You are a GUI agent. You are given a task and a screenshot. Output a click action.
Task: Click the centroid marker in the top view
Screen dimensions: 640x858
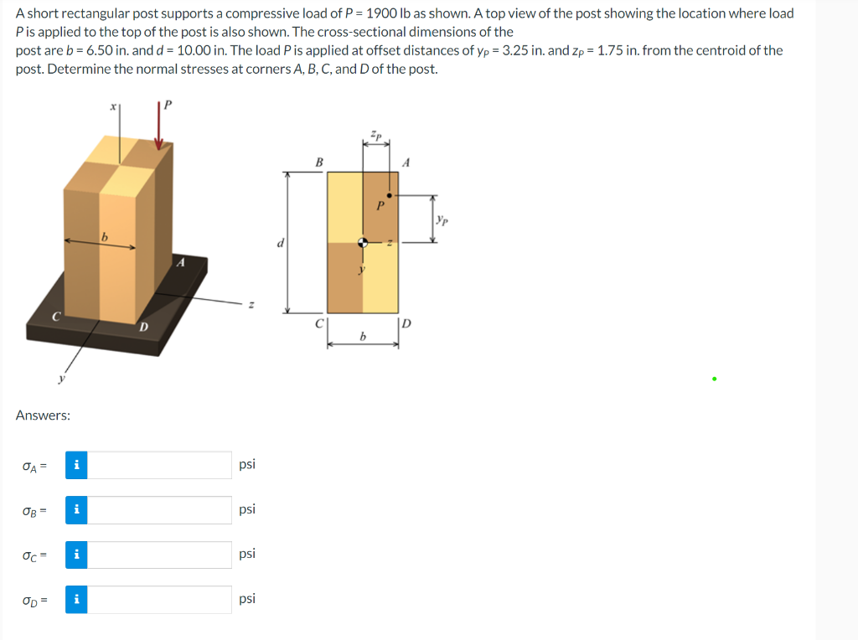pos(363,242)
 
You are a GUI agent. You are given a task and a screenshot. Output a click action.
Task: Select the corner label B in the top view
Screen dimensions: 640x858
pos(318,163)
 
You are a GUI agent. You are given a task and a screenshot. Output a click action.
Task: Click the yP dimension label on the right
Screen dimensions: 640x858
pos(442,219)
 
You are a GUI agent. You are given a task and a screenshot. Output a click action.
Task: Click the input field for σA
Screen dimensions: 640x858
pos(160,465)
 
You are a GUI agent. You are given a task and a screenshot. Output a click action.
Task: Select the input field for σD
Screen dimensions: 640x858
pos(160,599)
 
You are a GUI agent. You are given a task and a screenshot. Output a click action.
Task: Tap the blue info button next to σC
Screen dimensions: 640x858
pos(76,555)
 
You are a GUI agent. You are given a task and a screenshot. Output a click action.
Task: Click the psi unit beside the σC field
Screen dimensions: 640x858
pos(247,554)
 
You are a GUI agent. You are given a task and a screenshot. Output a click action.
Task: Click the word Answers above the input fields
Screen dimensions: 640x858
pos(43,415)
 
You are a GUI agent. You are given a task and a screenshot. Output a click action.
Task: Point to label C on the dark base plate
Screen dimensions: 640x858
pos(56,317)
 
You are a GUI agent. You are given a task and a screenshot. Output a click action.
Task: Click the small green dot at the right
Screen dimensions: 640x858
pos(714,379)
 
